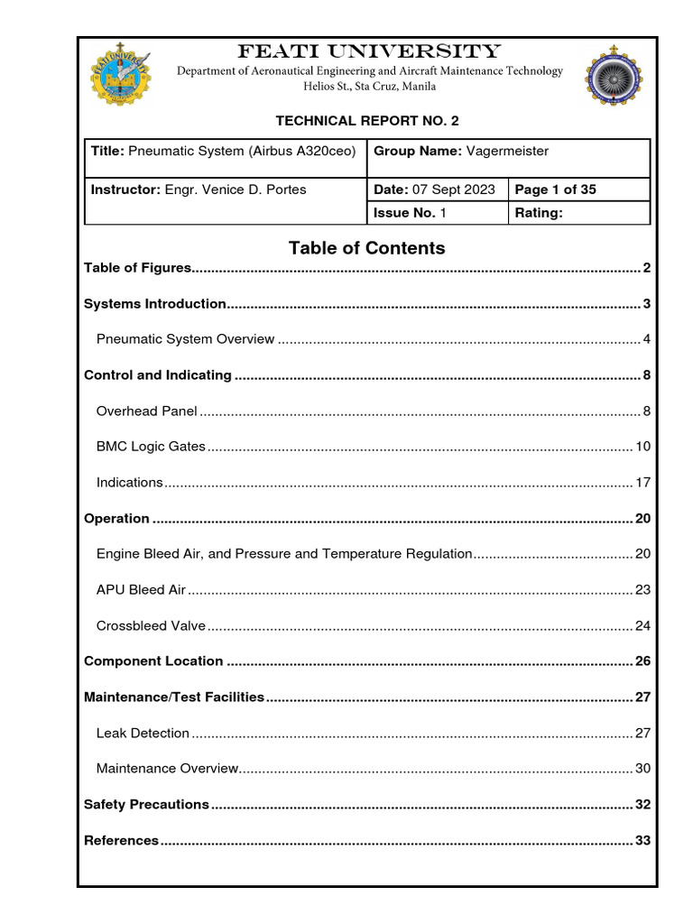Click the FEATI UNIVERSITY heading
[368, 51]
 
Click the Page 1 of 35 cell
[555, 189]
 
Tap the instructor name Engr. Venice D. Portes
[236, 189]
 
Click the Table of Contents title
[366, 247]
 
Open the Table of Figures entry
[138, 268]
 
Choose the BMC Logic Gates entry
[151, 447]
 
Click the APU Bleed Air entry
[141, 590]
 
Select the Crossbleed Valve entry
[151, 625]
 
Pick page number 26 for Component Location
[642, 661]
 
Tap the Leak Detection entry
[143, 734]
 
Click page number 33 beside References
[642, 841]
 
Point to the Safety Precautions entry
[146, 805]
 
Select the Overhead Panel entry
[146, 411]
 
